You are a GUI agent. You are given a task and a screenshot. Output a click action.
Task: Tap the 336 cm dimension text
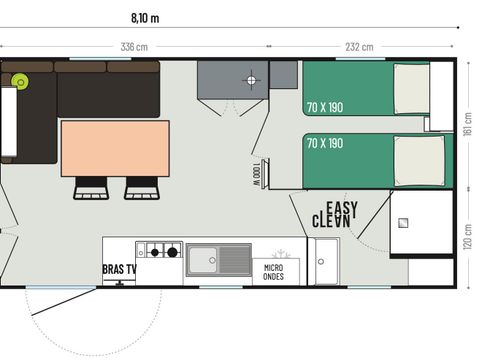135,47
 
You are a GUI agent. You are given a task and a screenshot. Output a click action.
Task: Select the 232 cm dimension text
360,47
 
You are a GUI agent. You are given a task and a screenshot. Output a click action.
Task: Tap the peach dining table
115,148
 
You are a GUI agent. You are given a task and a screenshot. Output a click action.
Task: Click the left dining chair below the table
91,187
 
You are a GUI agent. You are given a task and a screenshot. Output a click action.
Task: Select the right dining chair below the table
141,187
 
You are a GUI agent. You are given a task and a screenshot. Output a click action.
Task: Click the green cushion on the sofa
19,81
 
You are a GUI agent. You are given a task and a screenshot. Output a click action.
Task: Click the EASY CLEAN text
337,213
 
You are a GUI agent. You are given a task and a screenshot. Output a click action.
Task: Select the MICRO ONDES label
274,272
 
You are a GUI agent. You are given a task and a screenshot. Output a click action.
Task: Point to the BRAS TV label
119,269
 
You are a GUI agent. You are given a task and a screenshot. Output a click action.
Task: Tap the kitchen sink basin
205,260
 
